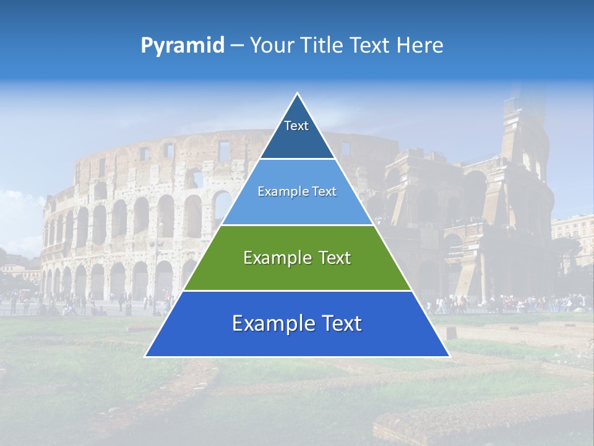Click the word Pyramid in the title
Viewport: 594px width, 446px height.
tap(182, 46)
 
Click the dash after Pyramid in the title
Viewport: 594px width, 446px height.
tap(236, 46)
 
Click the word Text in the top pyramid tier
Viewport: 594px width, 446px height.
tap(296, 126)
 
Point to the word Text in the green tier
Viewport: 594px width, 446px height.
tap(334, 258)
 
